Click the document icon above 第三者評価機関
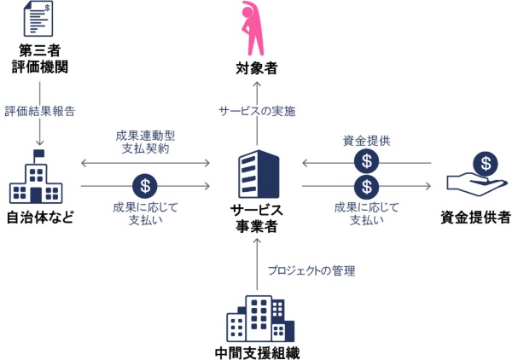[x=39, y=19]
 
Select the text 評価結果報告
[x=39, y=111]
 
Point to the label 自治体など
[x=40, y=217]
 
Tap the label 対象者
[x=257, y=67]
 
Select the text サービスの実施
[x=257, y=111]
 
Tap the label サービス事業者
[x=257, y=218]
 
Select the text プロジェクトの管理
[x=311, y=270]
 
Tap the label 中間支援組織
[x=257, y=352]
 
